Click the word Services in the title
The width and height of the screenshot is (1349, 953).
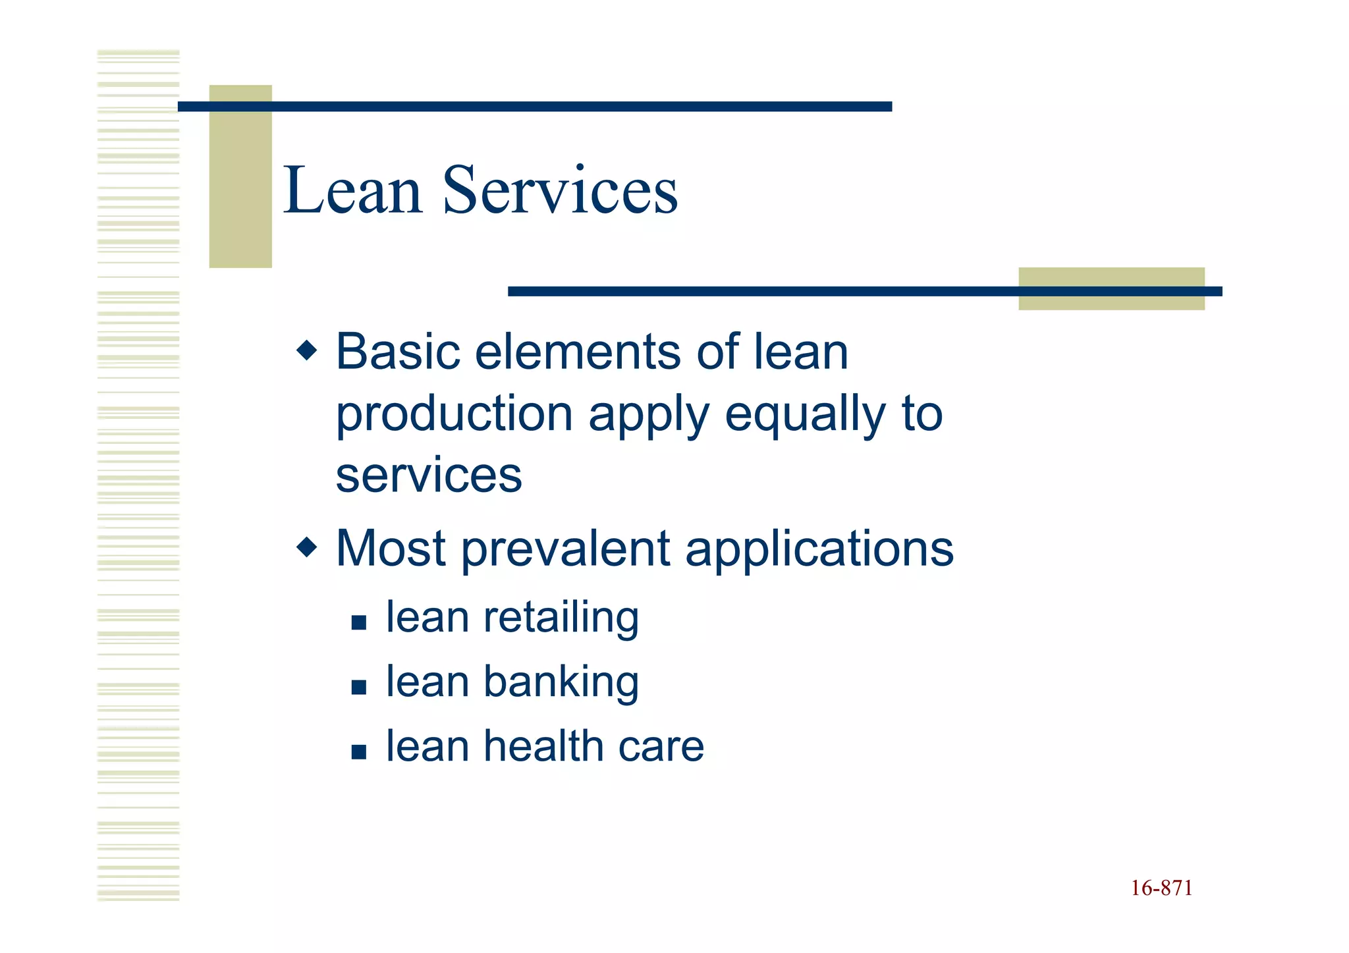pyautogui.click(x=560, y=191)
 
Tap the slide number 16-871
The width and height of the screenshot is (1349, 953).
pyautogui.click(x=1161, y=888)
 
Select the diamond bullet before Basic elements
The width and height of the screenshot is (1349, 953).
pyautogui.click(x=307, y=350)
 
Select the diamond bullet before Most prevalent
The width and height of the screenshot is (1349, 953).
pyautogui.click(x=307, y=547)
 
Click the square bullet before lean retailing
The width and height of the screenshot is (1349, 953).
pyautogui.click(x=359, y=622)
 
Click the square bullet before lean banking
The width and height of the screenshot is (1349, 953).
pyautogui.click(x=359, y=687)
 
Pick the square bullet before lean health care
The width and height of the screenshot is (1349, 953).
pyautogui.click(x=359, y=751)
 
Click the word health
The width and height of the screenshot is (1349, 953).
pyautogui.click(x=542, y=746)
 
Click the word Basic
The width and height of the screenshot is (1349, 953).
pyautogui.click(x=398, y=352)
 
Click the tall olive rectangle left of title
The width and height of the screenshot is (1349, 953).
pyautogui.click(x=240, y=177)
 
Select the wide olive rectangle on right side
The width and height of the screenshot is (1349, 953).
pyautogui.click(x=1111, y=288)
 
